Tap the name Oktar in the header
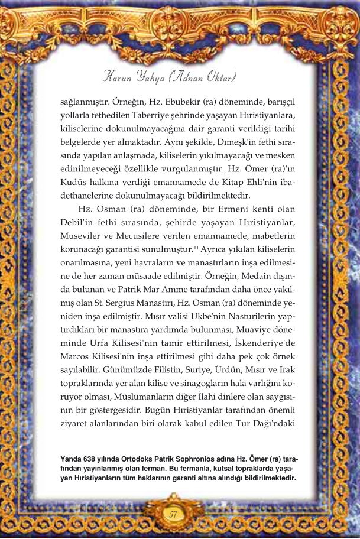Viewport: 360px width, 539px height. tap(220, 77)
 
